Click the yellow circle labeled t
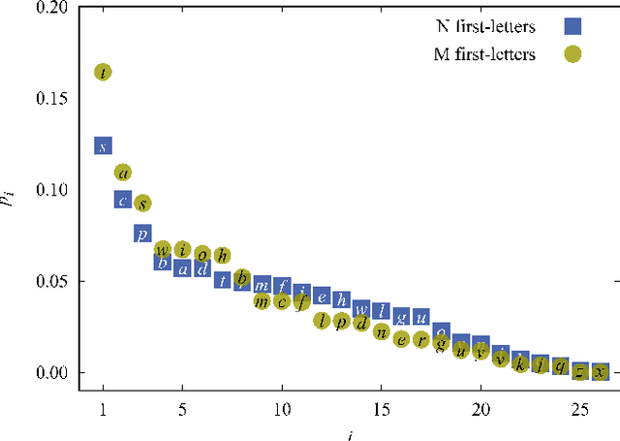[103, 72]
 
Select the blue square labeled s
[103, 146]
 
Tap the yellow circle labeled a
[123, 173]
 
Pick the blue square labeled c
[123, 201]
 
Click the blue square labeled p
[142, 234]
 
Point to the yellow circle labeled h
[222, 256]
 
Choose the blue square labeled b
[163, 262]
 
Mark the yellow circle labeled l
[322, 321]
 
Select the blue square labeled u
[420, 317]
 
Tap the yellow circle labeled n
[381, 333]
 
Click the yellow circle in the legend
[573, 54]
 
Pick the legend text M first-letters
[484, 54]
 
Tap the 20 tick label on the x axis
[480, 409]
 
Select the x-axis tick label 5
[182, 409]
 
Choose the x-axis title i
[350, 432]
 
